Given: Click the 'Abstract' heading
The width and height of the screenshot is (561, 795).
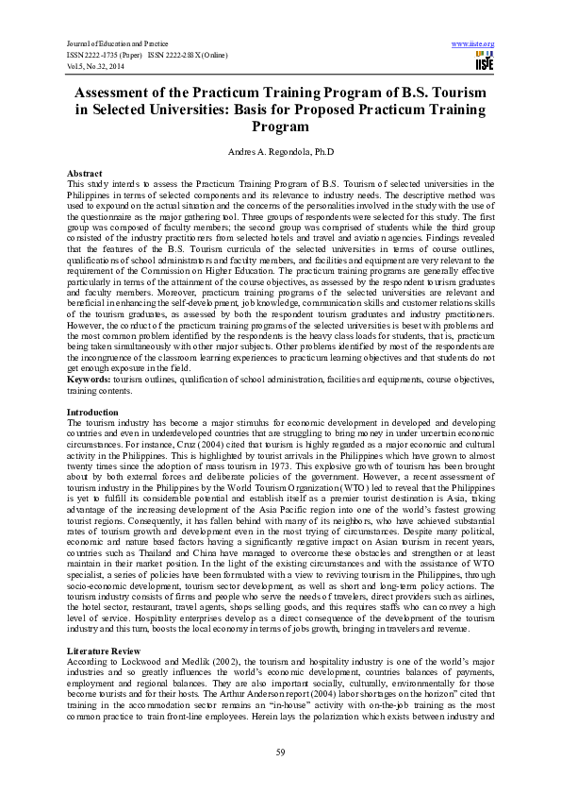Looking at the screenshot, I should [84, 175].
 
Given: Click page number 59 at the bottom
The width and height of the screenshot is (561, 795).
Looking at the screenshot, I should [280, 752].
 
